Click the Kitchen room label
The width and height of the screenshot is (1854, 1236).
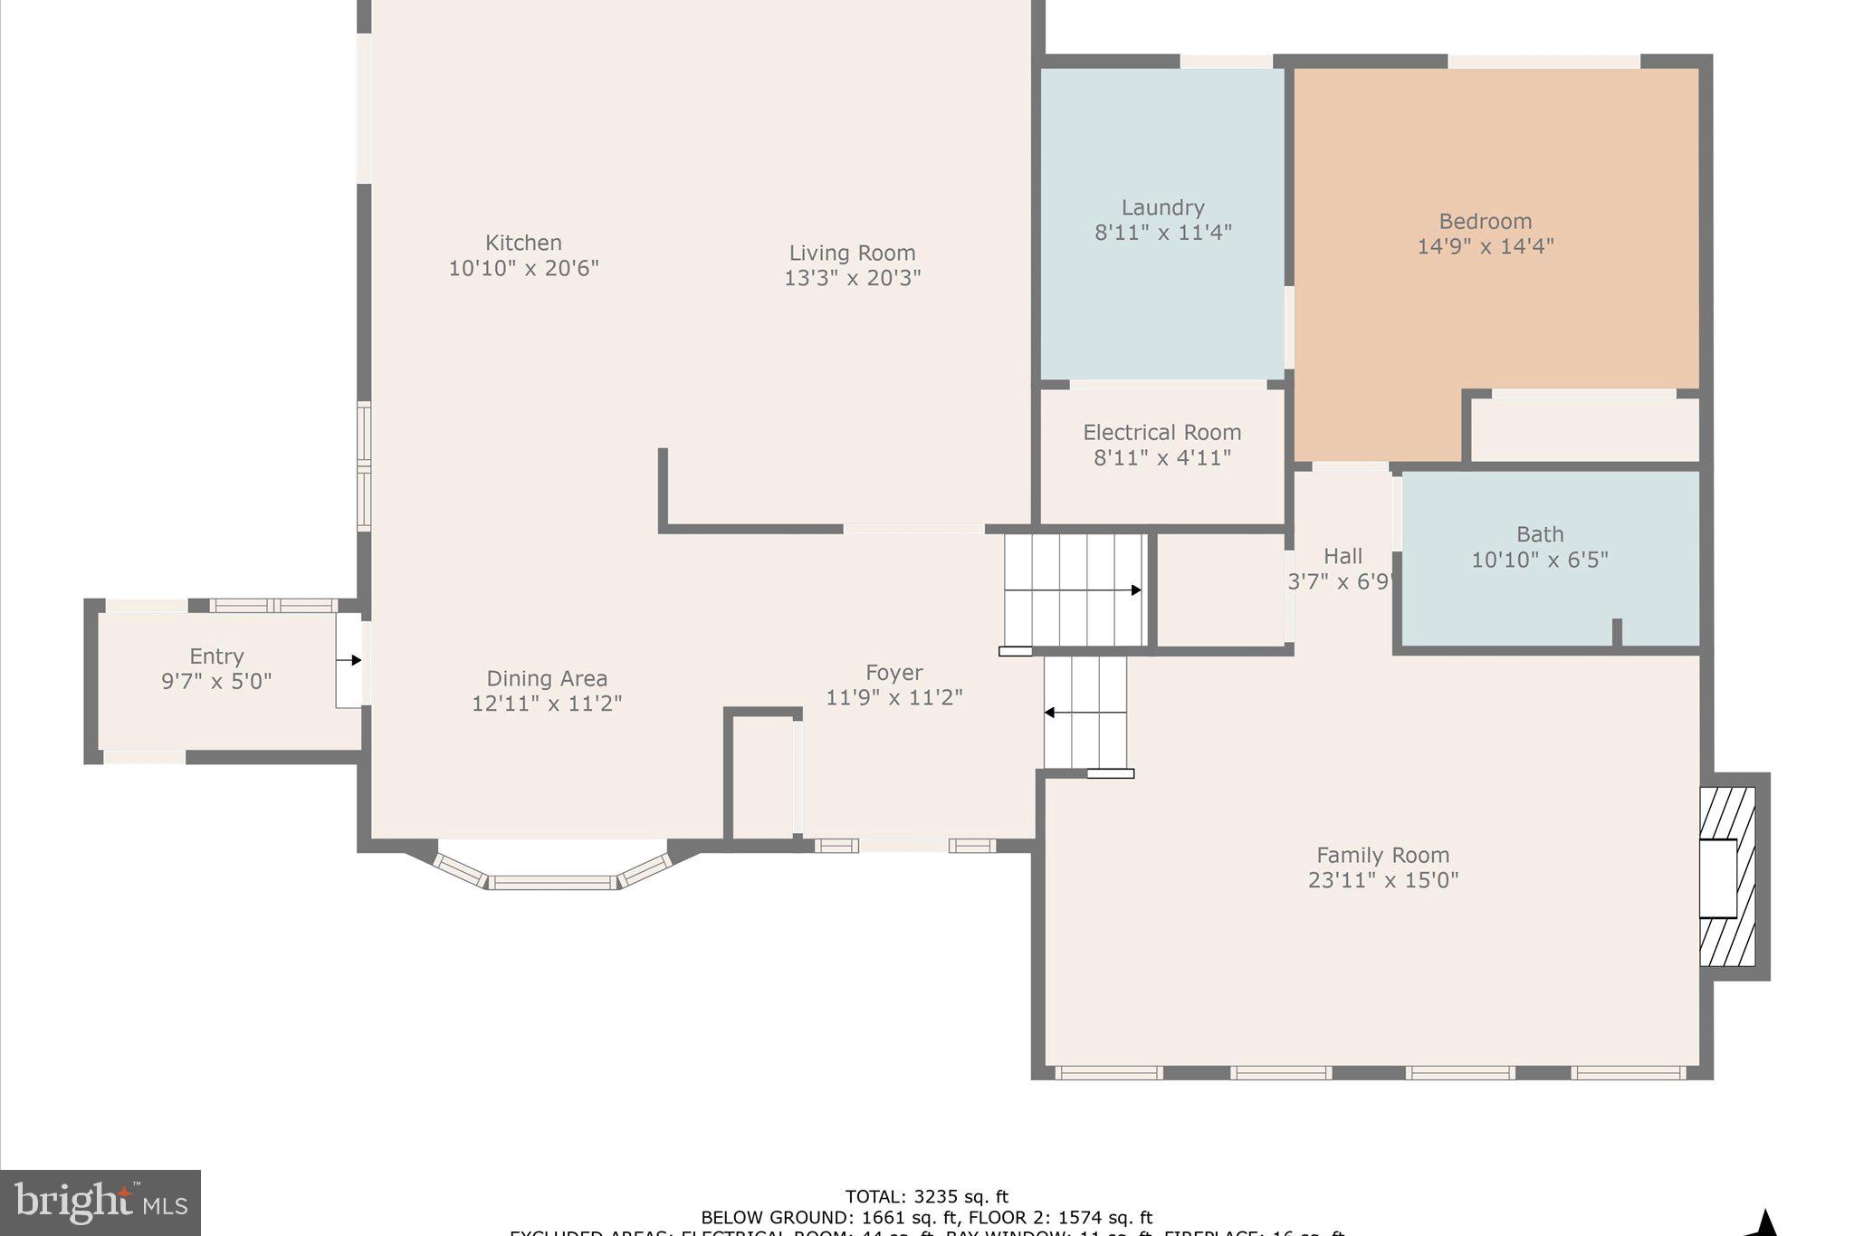[523, 243]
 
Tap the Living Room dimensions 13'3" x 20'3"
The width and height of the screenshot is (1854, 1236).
[852, 278]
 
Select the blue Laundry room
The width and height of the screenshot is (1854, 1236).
[1161, 299]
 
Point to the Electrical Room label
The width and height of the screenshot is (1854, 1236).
[1161, 433]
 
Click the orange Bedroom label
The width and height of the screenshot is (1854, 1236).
[1485, 222]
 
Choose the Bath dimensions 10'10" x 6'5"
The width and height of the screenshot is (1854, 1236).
[1539, 560]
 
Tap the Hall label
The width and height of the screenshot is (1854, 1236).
[1343, 556]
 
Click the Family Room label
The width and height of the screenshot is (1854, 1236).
[1382, 855]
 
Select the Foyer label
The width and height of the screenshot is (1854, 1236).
[894, 673]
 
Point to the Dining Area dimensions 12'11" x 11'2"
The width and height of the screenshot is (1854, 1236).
[547, 704]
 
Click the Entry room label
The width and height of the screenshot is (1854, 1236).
[216, 656]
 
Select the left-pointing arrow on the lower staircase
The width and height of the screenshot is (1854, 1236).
[1050, 713]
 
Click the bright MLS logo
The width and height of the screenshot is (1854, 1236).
[100, 1202]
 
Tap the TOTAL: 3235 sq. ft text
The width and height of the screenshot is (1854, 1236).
[926, 1197]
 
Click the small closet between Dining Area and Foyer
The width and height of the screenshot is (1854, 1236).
[762, 777]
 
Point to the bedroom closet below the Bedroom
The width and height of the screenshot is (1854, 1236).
[1583, 430]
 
